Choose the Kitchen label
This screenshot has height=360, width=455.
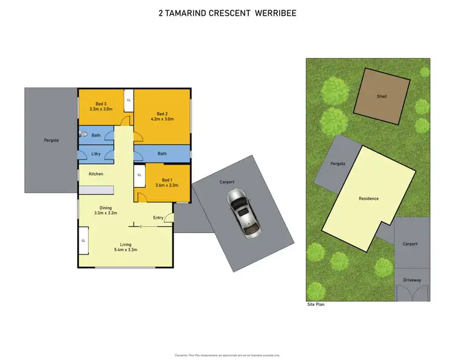[96, 174]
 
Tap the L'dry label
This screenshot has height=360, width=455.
[96, 154]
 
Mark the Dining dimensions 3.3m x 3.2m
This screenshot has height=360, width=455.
[106, 213]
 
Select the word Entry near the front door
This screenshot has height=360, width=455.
[158, 217]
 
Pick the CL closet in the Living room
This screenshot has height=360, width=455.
[83, 240]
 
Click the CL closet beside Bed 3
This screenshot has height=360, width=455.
[129, 100]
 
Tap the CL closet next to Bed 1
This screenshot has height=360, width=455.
[139, 175]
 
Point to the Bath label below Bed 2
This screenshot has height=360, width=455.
[162, 154]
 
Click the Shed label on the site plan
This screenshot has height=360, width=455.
[382, 97]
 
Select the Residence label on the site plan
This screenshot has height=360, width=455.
[368, 199]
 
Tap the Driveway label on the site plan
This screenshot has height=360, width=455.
[412, 280]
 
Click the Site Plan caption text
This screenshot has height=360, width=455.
[315, 305]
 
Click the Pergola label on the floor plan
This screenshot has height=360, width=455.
[52, 140]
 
